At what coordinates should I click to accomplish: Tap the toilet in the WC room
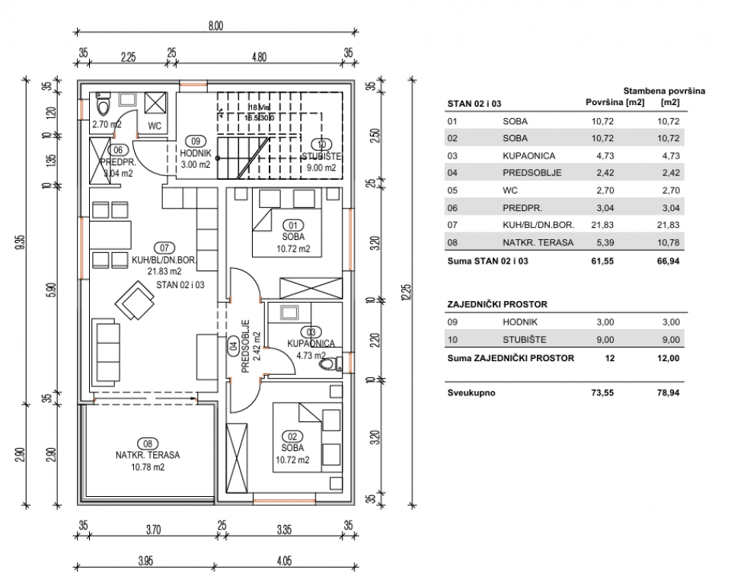pyautogui.click(x=104, y=103)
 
